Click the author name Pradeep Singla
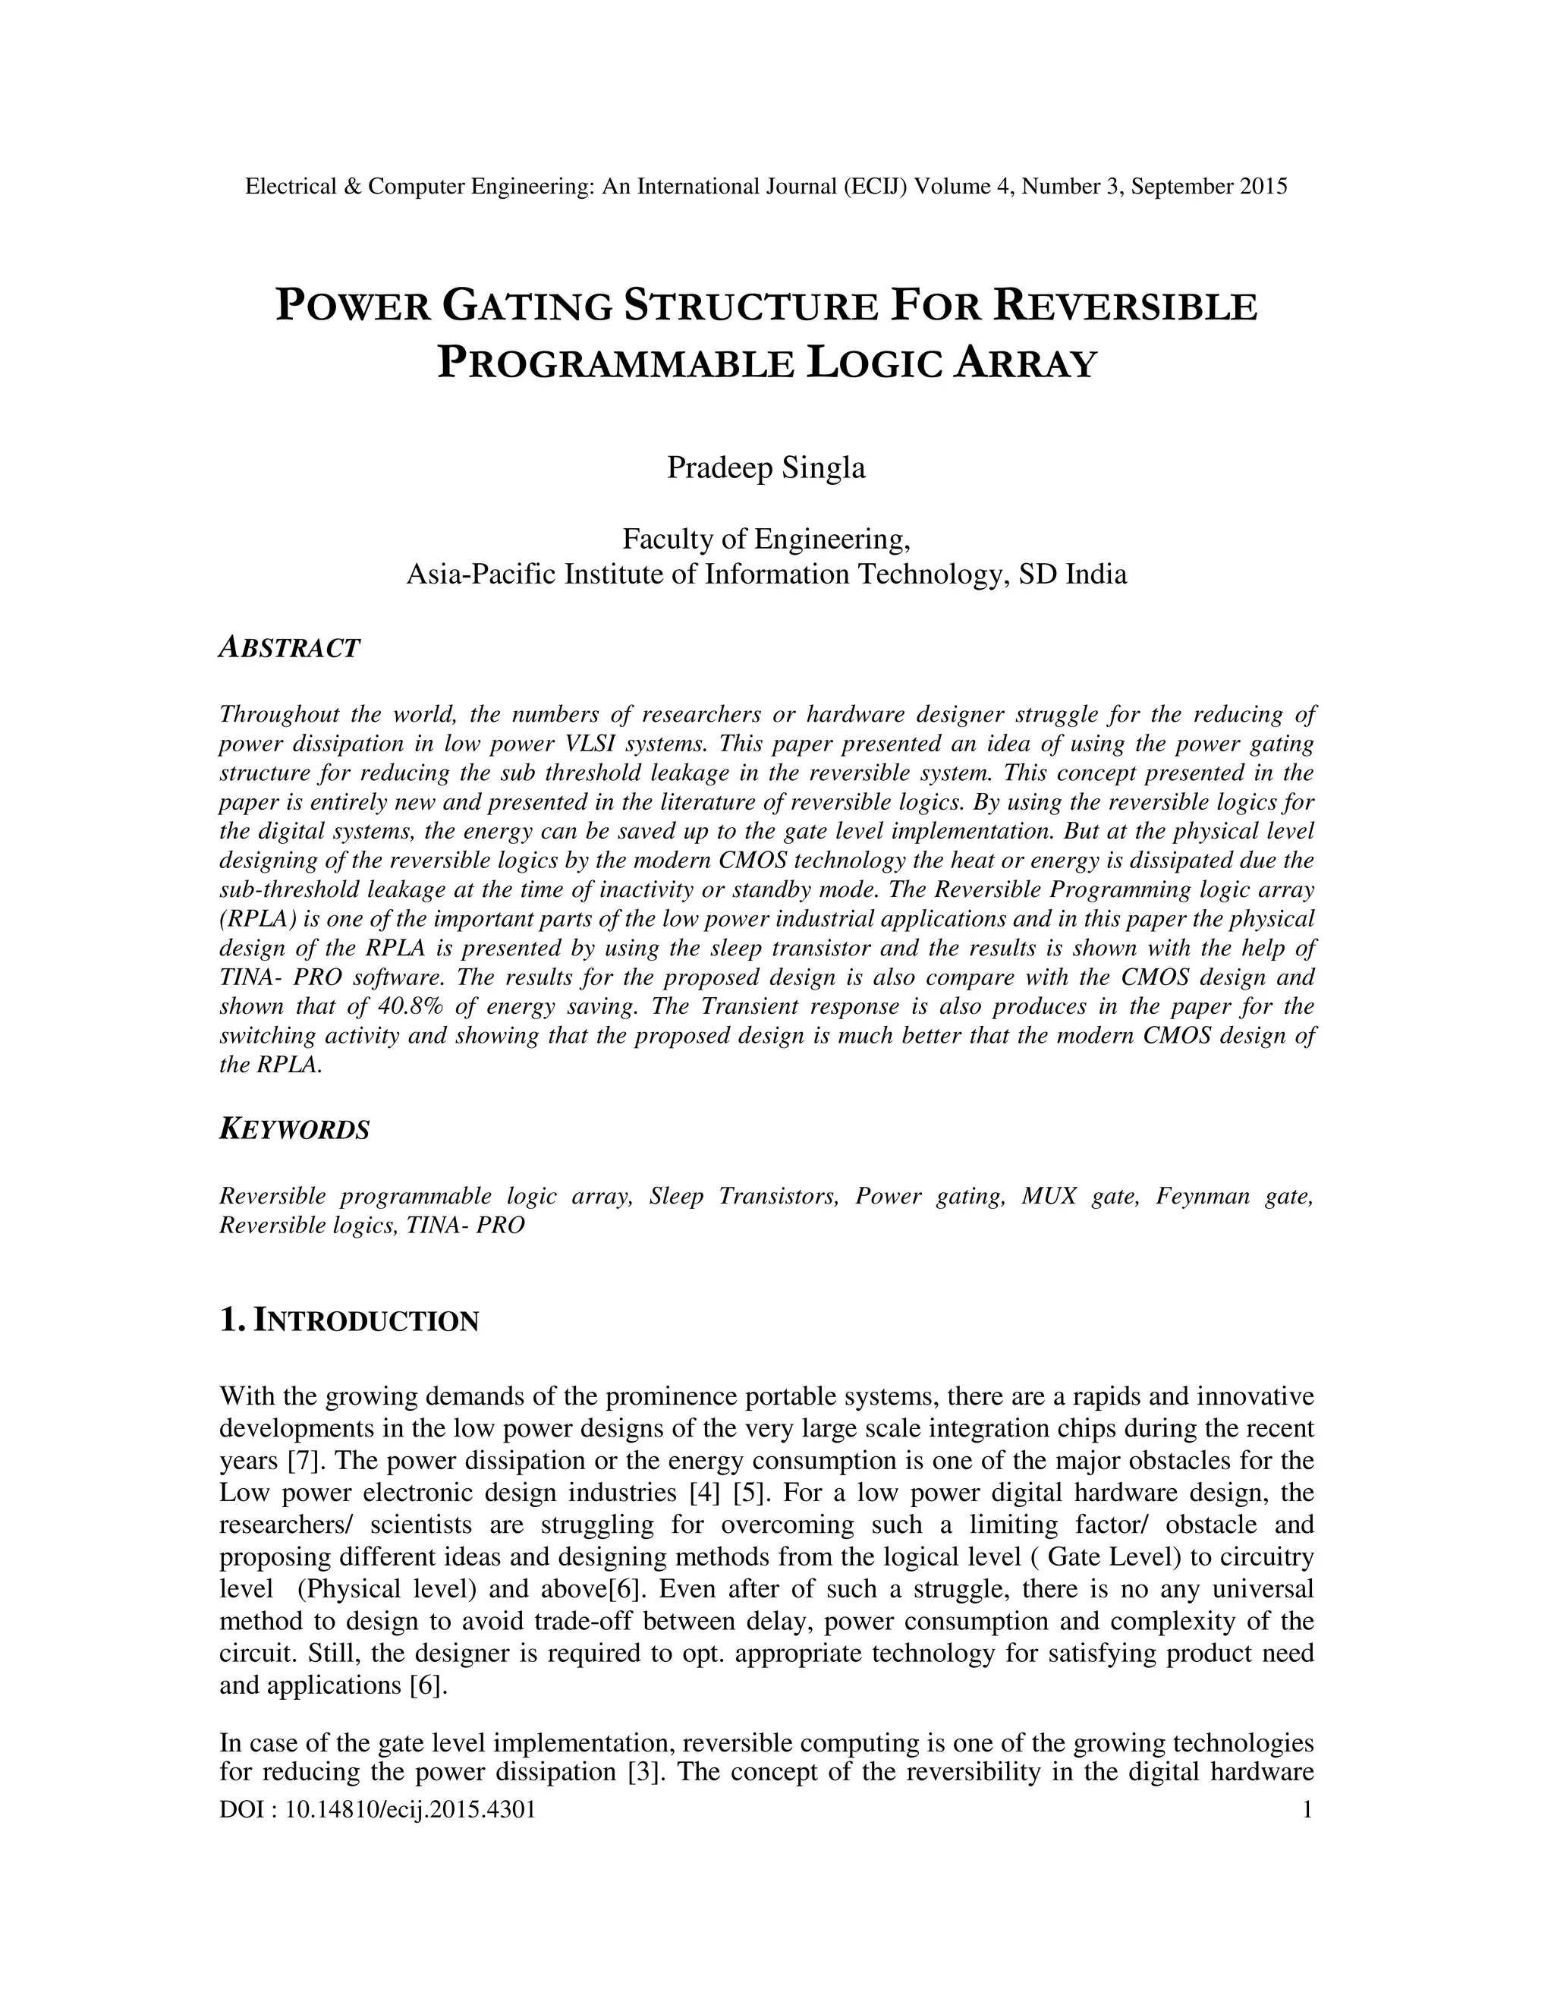coord(766,467)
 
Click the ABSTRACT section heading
coord(289,647)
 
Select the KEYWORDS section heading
coord(294,1129)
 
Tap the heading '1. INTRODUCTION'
coord(349,1321)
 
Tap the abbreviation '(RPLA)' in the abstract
coord(250,918)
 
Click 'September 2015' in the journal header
coord(1209,187)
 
